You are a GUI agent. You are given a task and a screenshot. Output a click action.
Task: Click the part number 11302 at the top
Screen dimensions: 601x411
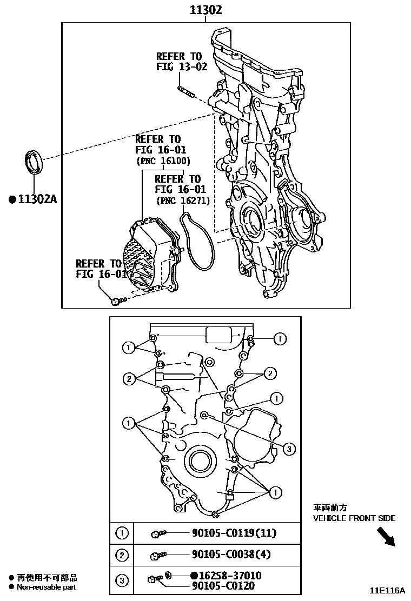coord(205,10)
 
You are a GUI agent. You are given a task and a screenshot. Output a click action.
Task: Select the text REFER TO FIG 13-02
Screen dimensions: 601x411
coord(178,62)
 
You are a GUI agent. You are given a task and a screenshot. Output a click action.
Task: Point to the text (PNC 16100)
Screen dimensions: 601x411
coord(163,161)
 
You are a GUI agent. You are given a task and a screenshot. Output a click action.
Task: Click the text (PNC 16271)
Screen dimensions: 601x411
coord(183,200)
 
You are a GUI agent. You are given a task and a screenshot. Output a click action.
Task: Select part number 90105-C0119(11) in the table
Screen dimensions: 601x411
coord(234,533)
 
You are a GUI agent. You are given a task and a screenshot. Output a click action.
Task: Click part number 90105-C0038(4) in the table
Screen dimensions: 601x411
coord(231,555)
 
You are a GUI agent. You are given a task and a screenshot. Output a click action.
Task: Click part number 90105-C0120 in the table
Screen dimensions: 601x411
coord(223,586)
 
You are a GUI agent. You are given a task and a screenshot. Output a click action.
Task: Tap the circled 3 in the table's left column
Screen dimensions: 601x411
coord(122,581)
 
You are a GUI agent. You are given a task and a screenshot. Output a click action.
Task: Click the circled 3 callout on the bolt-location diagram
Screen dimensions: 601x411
coord(289,448)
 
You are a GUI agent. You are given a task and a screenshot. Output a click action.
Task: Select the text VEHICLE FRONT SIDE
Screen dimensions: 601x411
coord(354,518)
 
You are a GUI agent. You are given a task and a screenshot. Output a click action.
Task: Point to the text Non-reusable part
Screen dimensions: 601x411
coord(47,587)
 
